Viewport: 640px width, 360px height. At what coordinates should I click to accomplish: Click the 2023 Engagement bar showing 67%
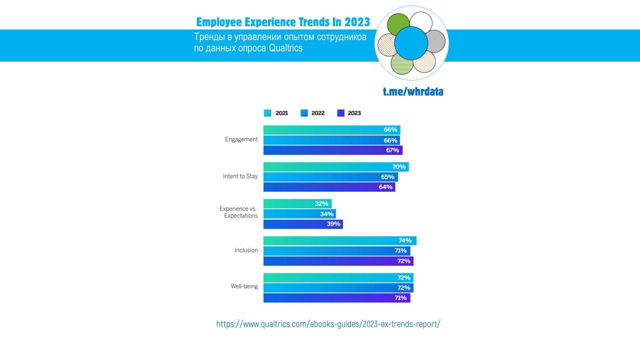[332, 150]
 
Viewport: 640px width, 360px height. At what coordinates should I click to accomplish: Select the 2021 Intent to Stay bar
[336, 167]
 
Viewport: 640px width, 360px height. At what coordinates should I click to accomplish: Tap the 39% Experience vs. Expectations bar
[303, 224]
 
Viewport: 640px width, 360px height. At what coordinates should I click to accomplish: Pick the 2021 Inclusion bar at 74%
[339, 241]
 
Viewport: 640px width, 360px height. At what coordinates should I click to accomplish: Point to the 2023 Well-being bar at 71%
[336, 298]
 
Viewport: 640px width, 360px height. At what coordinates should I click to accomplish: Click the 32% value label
[321, 204]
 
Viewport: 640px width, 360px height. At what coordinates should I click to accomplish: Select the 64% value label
[385, 187]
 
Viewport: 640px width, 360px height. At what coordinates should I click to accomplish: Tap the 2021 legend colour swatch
[267, 113]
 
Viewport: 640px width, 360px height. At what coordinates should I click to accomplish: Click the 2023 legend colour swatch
[341, 113]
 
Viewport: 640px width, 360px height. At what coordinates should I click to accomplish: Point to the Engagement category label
[241, 140]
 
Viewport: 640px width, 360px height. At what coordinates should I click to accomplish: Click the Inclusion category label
[246, 250]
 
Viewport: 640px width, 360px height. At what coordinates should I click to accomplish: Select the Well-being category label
[244, 286]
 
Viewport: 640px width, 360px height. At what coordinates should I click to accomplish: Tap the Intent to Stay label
[240, 177]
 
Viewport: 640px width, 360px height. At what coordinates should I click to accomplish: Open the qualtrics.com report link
[328, 324]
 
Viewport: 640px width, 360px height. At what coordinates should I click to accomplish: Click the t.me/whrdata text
[413, 92]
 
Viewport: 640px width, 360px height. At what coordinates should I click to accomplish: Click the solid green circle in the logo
[398, 24]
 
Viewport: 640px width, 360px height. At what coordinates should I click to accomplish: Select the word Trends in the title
[318, 22]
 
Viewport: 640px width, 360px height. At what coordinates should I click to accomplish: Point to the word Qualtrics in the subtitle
[285, 49]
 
